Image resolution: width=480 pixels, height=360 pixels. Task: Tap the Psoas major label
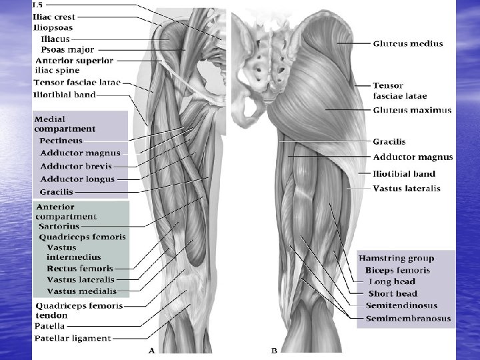(x=67, y=49)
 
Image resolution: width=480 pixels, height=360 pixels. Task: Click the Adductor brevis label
(x=76, y=166)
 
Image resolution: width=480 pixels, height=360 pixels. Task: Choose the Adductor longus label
(x=77, y=179)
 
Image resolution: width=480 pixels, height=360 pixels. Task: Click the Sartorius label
(x=59, y=227)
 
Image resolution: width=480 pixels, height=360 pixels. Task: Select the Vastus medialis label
(x=81, y=291)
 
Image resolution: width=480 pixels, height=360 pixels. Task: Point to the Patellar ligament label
(x=72, y=339)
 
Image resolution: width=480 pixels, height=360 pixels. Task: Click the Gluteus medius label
(x=408, y=43)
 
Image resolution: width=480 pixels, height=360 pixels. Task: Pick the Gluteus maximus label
(x=412, y=110)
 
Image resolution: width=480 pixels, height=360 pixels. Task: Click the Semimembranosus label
(x=407, y=318)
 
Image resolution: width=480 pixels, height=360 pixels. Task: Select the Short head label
(x=393, y=293)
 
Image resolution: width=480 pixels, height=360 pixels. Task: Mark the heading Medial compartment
(x=65, y=124)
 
